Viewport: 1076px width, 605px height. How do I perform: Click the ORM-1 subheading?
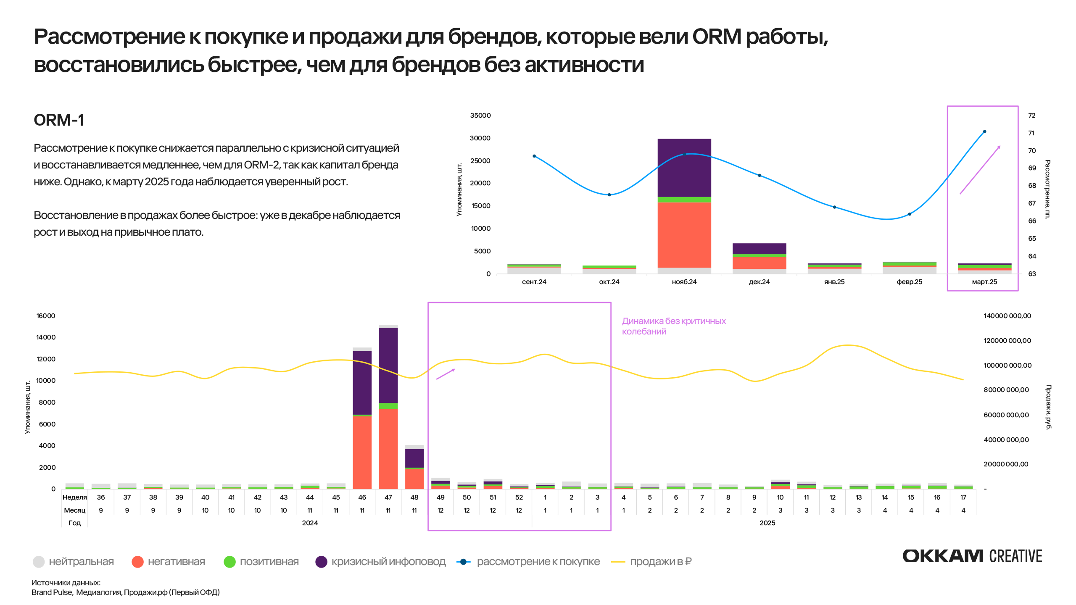pyautogui.click(x=59, y=120)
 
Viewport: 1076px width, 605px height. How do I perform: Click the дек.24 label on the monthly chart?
pyautogui.click(x=759, y=282)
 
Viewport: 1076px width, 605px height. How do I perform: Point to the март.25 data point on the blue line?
pyautogui.click(x=984, y=132)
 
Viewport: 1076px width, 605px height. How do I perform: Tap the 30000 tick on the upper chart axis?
pyautogui.click(x=480, y=138)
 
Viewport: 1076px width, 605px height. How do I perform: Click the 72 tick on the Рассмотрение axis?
pyautogui.click(x=1031, y=116)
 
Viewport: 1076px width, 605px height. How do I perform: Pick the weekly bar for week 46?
pyautogui.click(x=362, y=418)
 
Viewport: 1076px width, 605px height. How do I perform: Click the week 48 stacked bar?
pyautogui.click(x=414, y=467)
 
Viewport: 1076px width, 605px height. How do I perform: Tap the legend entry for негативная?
pyautogui.click(x=168, y=562)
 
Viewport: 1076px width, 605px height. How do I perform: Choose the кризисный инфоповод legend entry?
pyautogui.click(x=380, y=562)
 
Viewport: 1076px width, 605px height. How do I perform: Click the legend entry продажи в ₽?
pyautogui.click(x=651, y=562)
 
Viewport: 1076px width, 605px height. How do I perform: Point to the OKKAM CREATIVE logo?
pyautogui.click(x=972, y=556)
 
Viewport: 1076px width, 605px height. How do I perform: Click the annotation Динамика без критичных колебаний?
pyautogui.click(x=673, y=326)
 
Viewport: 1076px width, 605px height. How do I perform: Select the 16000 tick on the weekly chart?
pyautogui.click(x=46, y=316)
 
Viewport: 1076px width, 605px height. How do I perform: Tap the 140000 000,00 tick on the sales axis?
pyautogui.click(x=1007, y=316)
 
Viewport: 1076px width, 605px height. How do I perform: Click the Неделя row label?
pyautogui.click(x=74, y=497)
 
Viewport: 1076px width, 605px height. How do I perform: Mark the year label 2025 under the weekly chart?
pyautogui.click(x=767, y=523)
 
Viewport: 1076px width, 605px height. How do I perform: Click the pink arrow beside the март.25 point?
pyautogui.click(x=980, y=170)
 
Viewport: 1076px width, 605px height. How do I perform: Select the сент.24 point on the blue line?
pyautogui.click(x=534, y=156)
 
